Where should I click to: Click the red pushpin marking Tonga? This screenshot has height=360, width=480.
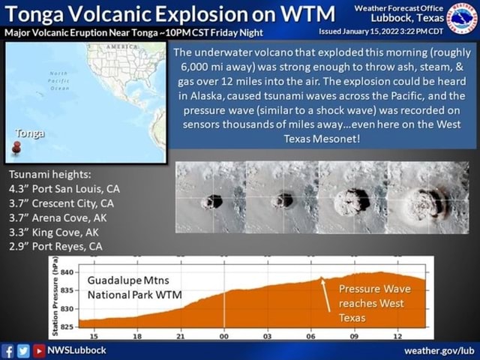16,148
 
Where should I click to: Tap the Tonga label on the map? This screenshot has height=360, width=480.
28,133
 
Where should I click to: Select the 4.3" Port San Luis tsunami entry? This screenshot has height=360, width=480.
64,189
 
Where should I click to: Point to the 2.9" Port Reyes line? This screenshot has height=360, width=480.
55,246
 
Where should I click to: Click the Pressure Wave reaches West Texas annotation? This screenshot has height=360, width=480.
374,303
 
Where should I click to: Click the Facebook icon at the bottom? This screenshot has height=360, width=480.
10,350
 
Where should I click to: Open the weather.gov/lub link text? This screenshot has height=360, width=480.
439,350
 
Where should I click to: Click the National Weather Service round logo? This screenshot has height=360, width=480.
460,18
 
